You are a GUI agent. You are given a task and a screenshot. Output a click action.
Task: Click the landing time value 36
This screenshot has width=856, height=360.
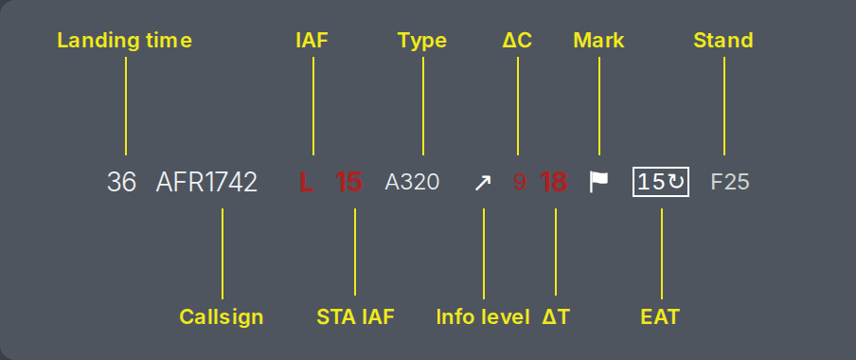point(121,182)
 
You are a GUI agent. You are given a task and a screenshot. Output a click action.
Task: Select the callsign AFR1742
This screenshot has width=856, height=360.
point(206,182)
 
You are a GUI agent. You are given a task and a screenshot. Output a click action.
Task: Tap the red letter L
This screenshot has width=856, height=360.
point(306,182)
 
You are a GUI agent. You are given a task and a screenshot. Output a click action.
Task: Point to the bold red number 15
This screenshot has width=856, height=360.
point(348,182)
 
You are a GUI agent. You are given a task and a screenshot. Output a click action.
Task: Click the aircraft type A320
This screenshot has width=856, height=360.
point(412,182)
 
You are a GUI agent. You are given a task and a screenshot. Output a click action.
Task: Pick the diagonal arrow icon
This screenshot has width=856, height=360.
point(483,183)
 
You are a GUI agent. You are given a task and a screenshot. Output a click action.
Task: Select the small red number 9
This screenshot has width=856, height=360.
point(520,182)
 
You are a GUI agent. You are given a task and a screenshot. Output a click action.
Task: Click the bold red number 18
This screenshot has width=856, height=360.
point(554,182)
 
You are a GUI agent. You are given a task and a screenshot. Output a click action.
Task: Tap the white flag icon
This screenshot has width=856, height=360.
point(598,182)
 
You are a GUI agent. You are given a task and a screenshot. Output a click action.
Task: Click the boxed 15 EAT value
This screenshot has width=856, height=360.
point(661,182)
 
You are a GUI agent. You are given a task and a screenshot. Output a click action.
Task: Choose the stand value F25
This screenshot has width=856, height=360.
point(730,182)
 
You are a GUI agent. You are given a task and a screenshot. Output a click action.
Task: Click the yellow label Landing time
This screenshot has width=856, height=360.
point(125,41)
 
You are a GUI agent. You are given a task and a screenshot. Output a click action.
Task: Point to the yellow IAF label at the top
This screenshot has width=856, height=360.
point(312,41)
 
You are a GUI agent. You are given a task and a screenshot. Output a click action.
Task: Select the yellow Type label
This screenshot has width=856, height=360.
point(422,41)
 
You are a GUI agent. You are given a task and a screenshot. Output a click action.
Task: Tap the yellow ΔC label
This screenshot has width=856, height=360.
point(517,41)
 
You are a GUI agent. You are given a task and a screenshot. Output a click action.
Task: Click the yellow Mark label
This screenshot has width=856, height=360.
point(598,41)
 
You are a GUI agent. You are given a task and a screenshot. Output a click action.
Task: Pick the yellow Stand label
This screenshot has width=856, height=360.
point(723,41)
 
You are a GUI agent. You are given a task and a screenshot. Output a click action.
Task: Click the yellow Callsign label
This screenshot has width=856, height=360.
point(222,316)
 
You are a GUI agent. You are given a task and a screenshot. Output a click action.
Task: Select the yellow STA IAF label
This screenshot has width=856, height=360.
point(355,316)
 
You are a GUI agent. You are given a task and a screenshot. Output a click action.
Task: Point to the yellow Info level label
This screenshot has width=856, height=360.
point(483,316)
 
